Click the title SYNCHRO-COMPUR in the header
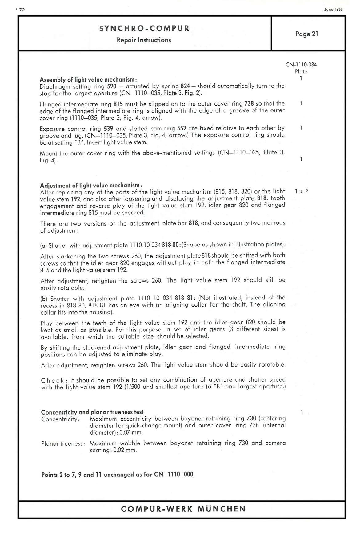(x=144, y=29)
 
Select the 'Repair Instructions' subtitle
(x=144, y=40)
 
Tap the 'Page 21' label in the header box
(x=307, y=34)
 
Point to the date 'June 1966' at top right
(x=333, y=9)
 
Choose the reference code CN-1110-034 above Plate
(x=301, y=65)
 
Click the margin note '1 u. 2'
(x=301, y=191)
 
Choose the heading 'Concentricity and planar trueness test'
(x=92, y=412)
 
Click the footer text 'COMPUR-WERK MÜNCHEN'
(x=183, y=509)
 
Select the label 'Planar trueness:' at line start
(x=63, y=443)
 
